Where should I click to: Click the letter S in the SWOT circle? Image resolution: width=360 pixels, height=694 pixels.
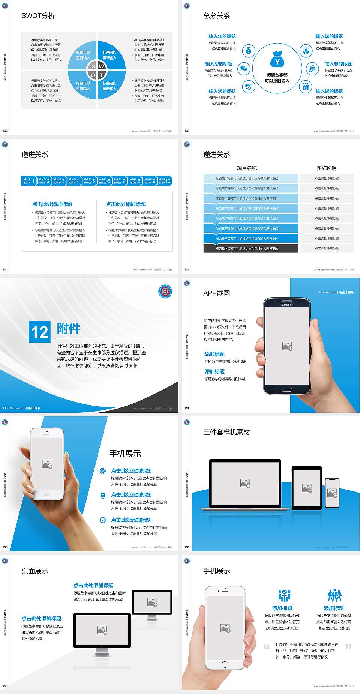(x=93, y=66)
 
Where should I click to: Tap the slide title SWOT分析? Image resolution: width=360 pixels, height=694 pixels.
(x=38, y=16)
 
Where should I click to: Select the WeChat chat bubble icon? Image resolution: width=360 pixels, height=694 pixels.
(x=244, y=69)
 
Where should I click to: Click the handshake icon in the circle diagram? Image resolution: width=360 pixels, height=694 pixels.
(x=248, y=87)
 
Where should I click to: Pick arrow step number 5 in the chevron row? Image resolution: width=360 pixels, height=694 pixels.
(x=90, y=181)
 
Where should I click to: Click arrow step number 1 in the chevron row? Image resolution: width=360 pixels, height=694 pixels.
(x=29, y=181)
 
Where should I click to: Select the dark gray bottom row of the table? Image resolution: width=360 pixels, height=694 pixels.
(x=251, y=248)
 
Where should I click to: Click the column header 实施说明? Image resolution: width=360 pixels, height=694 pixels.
(x=327, y=168)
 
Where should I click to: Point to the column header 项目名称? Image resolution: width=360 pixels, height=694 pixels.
(x=247, y=168)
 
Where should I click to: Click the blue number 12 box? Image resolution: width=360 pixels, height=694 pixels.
(x=39, y=332)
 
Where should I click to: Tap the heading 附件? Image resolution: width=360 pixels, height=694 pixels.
(x=69, y=329)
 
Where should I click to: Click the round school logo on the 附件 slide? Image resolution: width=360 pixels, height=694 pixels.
(x=165, y=292)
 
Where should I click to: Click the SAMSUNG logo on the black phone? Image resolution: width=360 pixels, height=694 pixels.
(x=287, y=305)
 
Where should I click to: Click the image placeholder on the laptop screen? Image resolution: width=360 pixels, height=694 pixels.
(x=245, y=483)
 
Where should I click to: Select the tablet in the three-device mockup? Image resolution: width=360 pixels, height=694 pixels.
(x=307, y=488)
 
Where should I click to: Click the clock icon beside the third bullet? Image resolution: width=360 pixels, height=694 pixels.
(x=103, y=520)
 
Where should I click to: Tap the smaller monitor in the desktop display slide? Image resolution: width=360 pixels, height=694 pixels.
(x=152, y=602)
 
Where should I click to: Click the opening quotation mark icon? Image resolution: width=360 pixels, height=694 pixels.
(x=266, y=646)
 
